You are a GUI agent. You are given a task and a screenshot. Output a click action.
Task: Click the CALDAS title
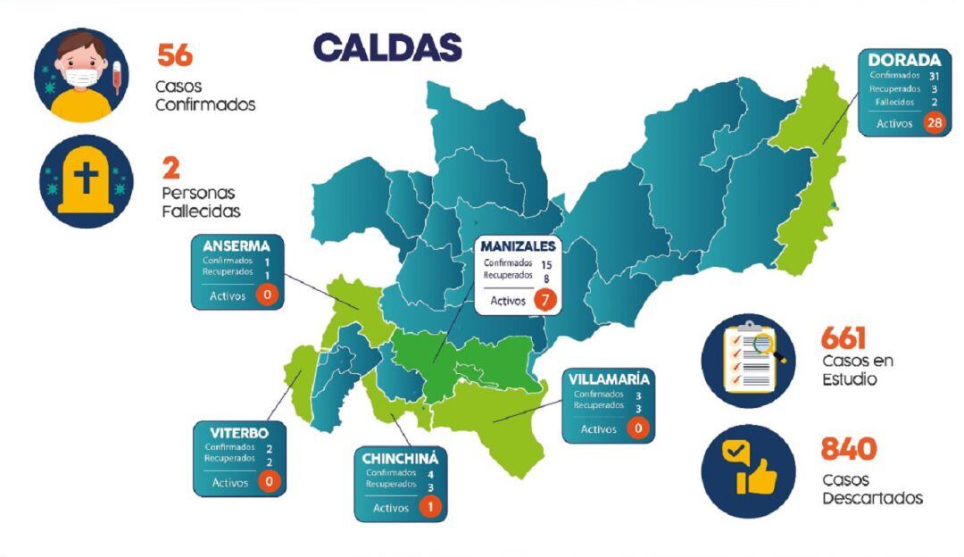click(x=387, y=47)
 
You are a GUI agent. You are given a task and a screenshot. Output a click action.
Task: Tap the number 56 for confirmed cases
click(x=175, y=54)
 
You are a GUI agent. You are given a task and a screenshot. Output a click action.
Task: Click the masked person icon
click(x=81, y=76)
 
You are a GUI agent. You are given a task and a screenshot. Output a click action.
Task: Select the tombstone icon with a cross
click(x=86, y=181)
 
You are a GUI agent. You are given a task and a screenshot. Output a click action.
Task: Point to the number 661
click(x=843, y=338)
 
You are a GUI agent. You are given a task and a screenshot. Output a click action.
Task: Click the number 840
click(x=849, y=448)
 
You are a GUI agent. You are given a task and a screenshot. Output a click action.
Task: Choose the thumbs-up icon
click(x=748, y=471)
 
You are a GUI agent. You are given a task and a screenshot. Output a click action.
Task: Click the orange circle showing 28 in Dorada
click(x=935, y=123)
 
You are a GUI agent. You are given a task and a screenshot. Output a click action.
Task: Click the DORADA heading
click(x=904, y=60)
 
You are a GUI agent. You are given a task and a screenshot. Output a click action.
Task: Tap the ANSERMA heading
click(x=237, y=246)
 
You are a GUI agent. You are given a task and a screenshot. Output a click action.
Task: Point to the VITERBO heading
click(x=238, y=433)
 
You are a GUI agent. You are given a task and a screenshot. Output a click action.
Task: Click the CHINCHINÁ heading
click(x=399, y=459)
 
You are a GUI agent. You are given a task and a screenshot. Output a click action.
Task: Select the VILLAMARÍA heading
click(x=608, y=379)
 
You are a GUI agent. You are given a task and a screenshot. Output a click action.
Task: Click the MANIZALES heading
click(x=518, y=246)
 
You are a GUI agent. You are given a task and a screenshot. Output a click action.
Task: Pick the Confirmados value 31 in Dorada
click(x=934, y=76)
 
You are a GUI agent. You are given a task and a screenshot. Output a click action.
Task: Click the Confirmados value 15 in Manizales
click(x=545, y=264)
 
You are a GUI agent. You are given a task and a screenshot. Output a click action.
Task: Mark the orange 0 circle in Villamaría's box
click(x=637, y=428)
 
